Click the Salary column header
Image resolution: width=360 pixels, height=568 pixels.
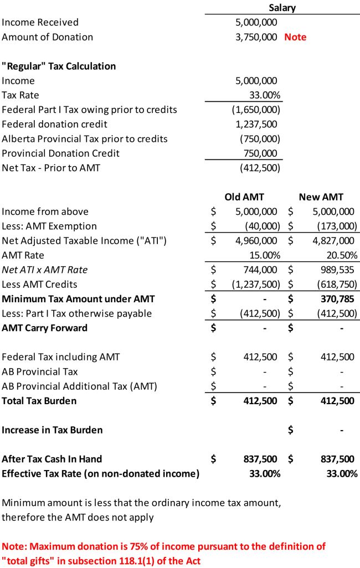pyautogui.click(x=282, y=8)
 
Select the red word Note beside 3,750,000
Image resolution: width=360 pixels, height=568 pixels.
pyautogui.click(x=295, y=37)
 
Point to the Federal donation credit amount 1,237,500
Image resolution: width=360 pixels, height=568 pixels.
pyautogui.click(x=256, y=124)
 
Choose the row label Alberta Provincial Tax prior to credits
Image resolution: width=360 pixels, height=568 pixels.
pyautogui.click(x=85, y=138)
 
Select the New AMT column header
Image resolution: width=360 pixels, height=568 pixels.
pyautogui.click(x=321, y=197)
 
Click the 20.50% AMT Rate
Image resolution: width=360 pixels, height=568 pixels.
pyautogui.click(x=340, y=255)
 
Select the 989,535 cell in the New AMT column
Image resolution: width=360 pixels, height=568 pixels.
pyautogui.click(x=336, y=270)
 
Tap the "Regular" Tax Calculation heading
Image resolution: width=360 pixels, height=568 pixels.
pyautogui.click(x=59, y=66)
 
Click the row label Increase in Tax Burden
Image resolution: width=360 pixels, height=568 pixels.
pyautogui.click(x=52, y=430)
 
